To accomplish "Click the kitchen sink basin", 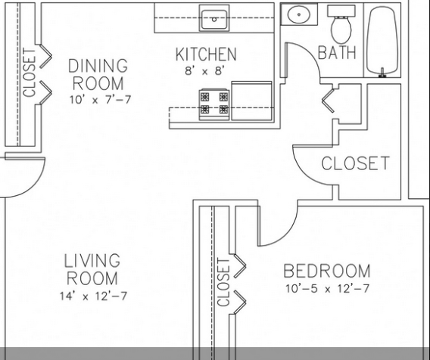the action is (214, 19).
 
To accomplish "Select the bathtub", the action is (382, 41).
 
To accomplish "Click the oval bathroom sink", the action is (299, 14).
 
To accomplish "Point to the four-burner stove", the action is (214, 104).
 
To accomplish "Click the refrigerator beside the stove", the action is (251, 101).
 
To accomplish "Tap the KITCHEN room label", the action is (206, 54).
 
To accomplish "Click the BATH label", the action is (337, 52).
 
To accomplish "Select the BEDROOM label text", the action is (326, 271).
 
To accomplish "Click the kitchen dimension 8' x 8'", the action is (206, 71).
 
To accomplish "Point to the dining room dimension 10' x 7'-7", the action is (100, 100).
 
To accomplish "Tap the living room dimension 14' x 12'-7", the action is (94, 296).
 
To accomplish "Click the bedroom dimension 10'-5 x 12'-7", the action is (327, 288).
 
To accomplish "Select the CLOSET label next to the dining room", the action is (30, 73).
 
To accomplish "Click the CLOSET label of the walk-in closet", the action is (355, 163).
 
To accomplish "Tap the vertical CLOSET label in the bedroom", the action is (223, 282).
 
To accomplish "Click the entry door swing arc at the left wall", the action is (33, 186).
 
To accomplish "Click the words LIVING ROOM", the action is (92, 269).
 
